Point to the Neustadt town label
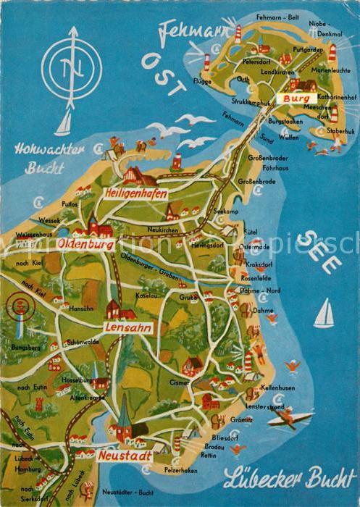pos(123,456)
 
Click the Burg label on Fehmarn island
pos(297,97)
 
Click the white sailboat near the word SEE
pos(325,314)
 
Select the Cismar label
pos(180,381)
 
